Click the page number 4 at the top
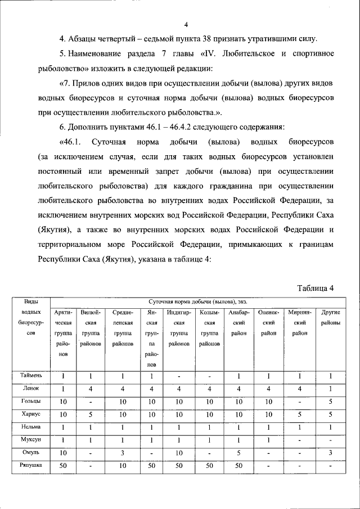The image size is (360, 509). (x=186, y=24)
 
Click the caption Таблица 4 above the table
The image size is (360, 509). (x=316, y=289)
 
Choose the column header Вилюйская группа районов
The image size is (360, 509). (x=91, y=328)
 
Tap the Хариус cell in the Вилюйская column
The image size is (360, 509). (x=91, y=415)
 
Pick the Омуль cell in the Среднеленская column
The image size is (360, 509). (x=123, y=453)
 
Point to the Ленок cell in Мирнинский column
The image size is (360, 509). (x=300, y=388)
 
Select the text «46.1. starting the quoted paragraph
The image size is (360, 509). (x=71, y=141)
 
